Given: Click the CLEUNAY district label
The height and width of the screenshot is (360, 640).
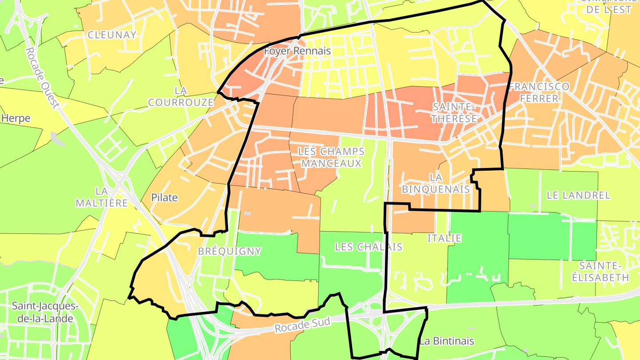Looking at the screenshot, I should [112, 35].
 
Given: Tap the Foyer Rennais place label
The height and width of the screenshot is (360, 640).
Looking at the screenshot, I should [297, 51].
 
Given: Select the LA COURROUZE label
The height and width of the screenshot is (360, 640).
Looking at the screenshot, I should [181, 96].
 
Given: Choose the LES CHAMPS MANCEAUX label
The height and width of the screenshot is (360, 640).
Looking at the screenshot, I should [332, 157].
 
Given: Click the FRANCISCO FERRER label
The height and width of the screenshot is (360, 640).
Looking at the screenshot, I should [539, 92].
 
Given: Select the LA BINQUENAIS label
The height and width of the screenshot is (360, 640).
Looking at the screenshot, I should [436, 183].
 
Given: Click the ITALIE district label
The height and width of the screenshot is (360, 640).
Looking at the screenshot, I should [444, 238].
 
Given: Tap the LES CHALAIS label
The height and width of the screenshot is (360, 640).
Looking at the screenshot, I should [368, 247].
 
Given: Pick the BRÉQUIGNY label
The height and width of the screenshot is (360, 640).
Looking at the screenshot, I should [229, 251].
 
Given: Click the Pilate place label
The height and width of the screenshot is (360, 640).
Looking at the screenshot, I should [164, 198].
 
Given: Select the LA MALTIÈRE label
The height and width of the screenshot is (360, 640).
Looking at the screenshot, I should [102, 197].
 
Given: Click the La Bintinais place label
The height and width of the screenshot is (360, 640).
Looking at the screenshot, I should [447, 341].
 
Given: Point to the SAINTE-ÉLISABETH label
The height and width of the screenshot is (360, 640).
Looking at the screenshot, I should [604, 272].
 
